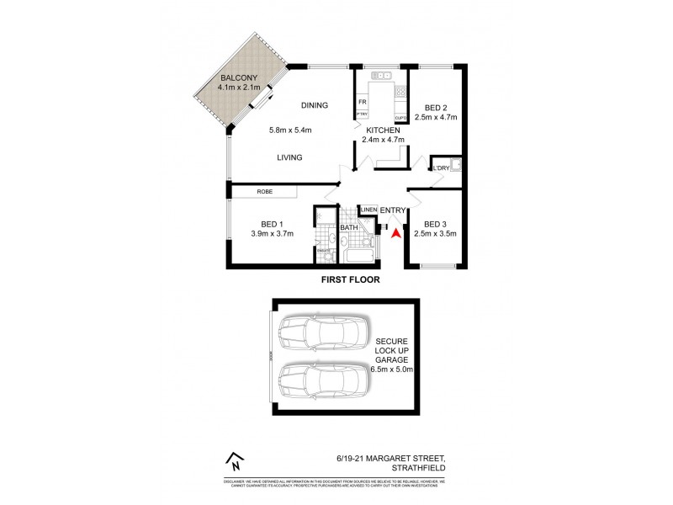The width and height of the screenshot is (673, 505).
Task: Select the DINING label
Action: pyautogui.click(x=314, y=105)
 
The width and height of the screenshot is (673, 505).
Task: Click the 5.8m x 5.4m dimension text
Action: pyautogui.click(x=290, y=130)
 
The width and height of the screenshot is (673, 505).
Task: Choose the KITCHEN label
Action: pyautogui.click(x=383, y=130)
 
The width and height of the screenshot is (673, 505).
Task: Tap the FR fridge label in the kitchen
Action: pyautogui.click(x=362, y=103)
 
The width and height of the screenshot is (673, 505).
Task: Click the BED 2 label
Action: pyautogui.click(x=435, y=107)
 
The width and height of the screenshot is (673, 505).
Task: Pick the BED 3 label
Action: pyautogui.click(x=435, y=224)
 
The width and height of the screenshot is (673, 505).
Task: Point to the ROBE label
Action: pyautogui.click(x=265, y=193)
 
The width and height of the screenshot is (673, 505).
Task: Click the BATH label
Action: pyautogui.click(x=349, y=228)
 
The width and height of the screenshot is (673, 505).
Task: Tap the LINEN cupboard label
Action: pyautogui.click(x=368, y=210)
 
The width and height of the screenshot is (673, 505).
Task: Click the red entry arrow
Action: pyautogui.click(x=398, y=227)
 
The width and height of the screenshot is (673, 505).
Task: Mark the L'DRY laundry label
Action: pyautogui.click(x=442, y=169)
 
